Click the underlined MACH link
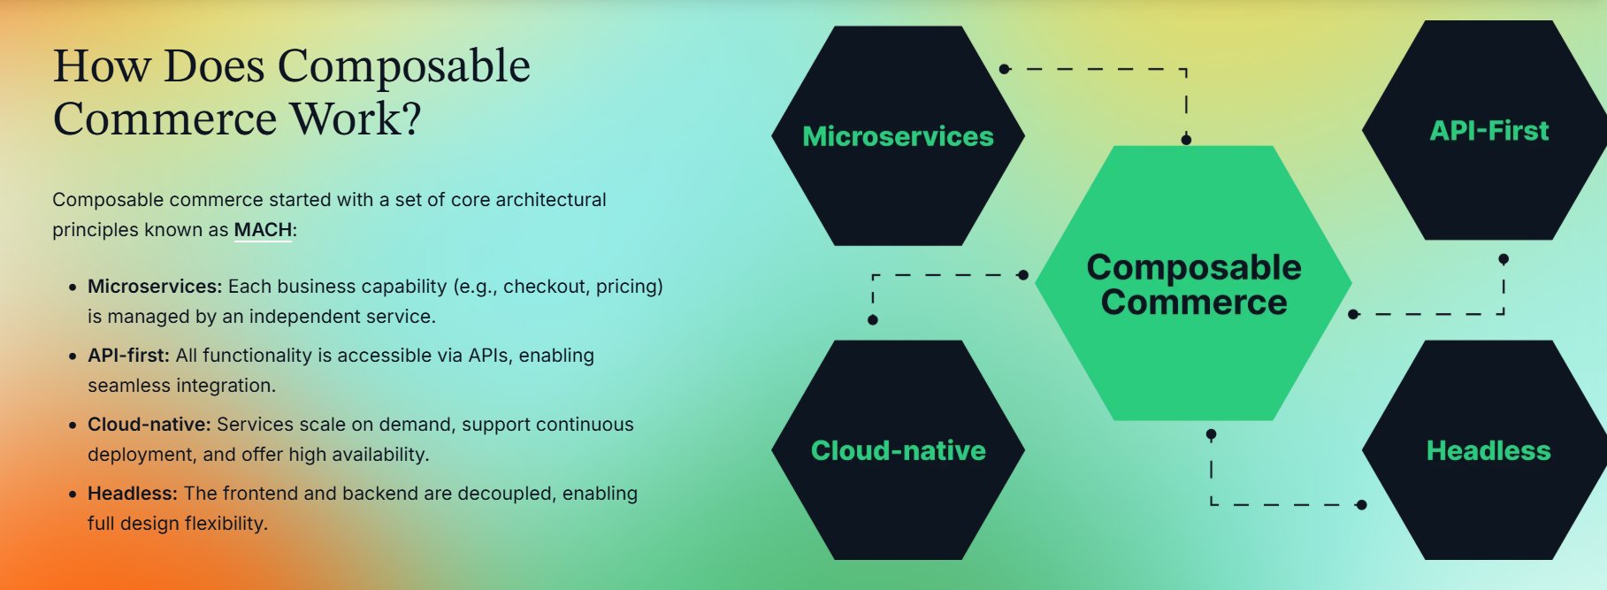coord(263,230)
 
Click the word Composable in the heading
coord(403,66)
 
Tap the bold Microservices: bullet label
coord(155,287)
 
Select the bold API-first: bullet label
coord(128,356)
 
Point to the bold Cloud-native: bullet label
coord(149,425)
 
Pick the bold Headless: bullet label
coord(133,494)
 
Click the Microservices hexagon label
coord(898,136)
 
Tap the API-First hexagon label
coord(1489,131)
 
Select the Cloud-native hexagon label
coord(898,451)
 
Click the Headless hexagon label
coord(1488,451)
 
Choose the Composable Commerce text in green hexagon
coord(1193,285)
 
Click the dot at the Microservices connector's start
coord(1004,69)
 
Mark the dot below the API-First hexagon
coord(1504,259)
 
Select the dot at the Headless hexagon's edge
coord(1361,505)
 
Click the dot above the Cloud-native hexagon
coord(873,320)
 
